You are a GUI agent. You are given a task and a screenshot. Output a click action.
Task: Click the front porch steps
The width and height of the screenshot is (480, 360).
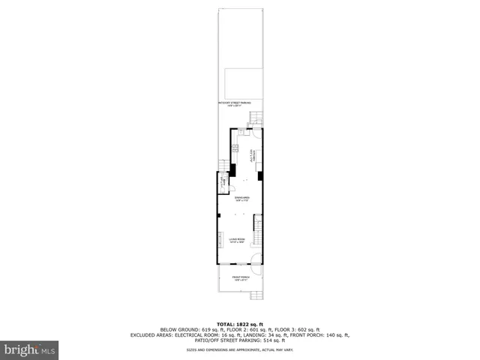256,296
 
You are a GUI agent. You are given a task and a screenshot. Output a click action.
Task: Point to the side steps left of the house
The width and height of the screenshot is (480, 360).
222,166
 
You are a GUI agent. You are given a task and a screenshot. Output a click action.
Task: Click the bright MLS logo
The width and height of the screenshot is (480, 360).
30,349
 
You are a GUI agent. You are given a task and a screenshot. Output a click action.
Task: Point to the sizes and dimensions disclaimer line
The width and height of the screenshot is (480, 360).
240,350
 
